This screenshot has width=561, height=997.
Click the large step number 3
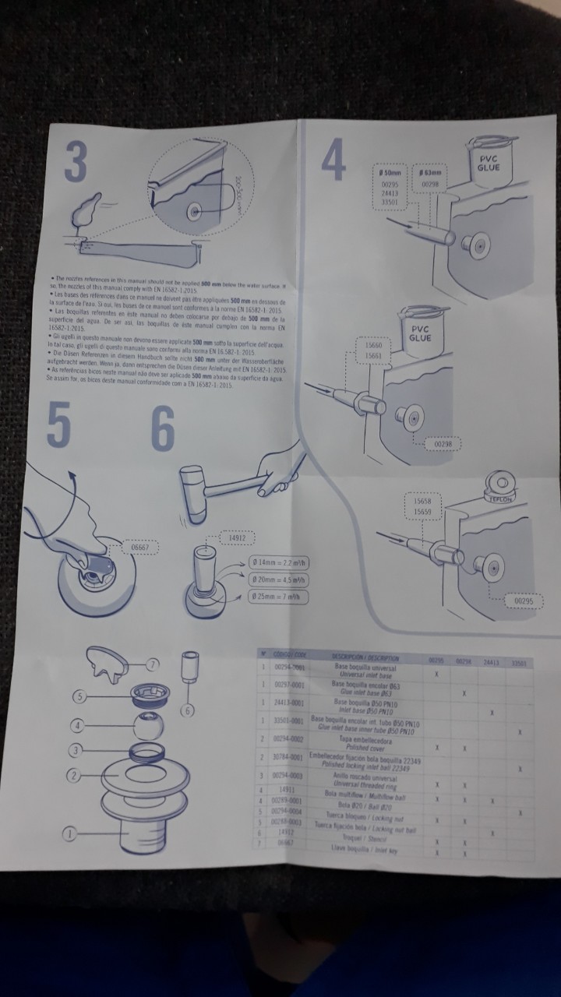75,164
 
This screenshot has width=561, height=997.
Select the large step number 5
59,427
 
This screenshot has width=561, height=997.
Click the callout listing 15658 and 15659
424,508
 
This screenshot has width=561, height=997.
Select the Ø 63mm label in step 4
430,173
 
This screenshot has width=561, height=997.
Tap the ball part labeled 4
145,726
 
